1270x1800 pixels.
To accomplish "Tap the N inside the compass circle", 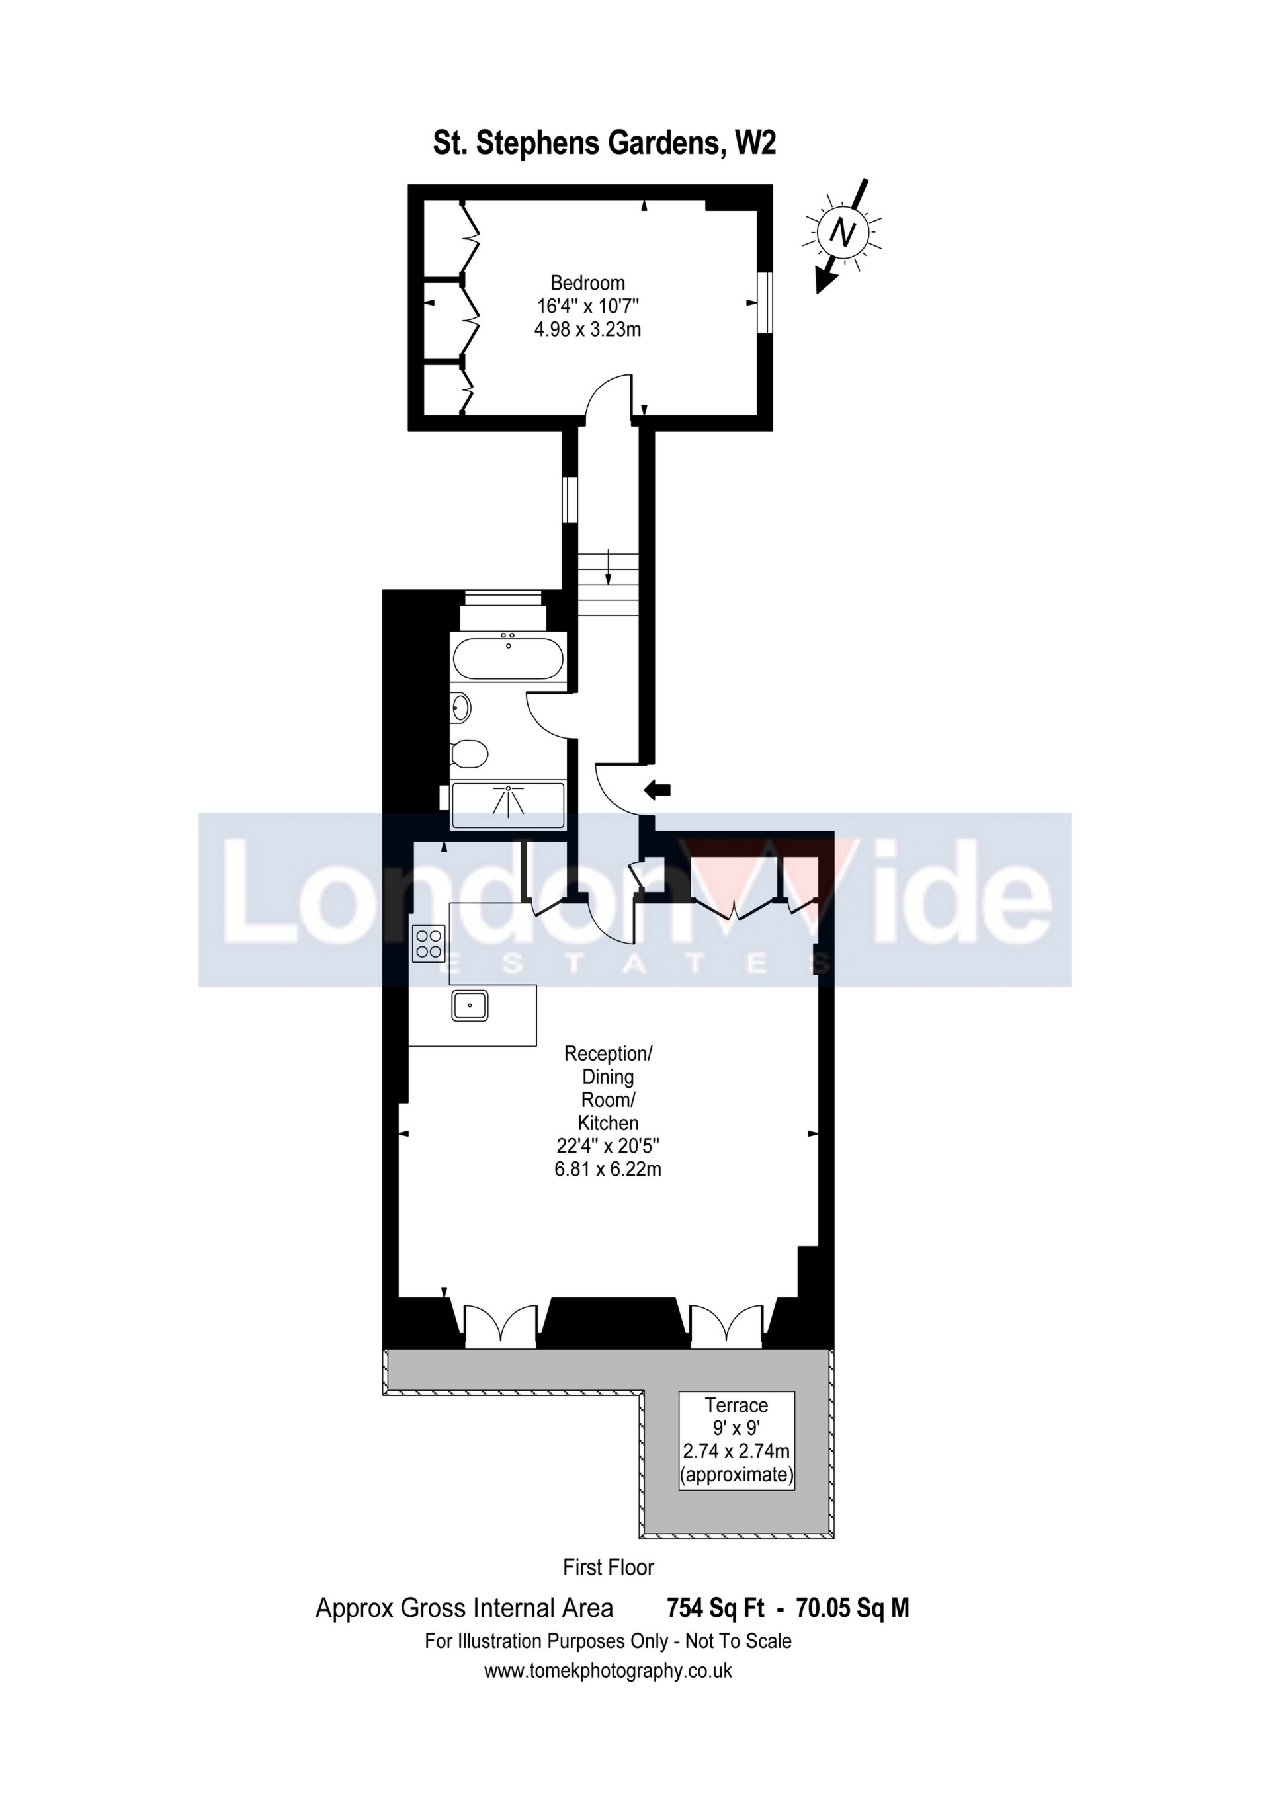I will click(x=842, y=233).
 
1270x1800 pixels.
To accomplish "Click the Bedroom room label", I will click(x=587, y=282).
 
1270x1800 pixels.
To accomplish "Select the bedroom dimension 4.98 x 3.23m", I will click(x=587, y=329).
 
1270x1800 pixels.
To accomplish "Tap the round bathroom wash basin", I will click(x=462, y=709).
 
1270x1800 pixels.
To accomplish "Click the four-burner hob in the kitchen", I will click(x=429, y=943).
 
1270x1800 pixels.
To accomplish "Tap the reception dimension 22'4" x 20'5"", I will click(x=608, y=1145).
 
